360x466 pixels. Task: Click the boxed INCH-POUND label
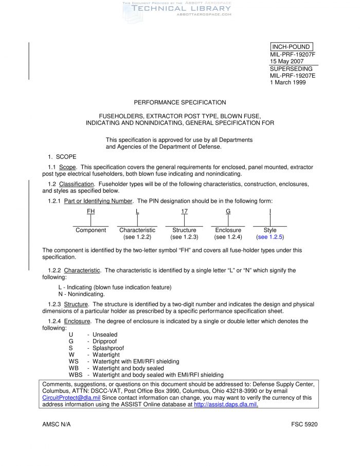291,47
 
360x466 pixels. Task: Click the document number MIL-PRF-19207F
293,55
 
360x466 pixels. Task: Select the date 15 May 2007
287,62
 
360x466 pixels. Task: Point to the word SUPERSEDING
291,69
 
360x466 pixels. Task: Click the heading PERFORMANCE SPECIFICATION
180,102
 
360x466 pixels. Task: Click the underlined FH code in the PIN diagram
91,211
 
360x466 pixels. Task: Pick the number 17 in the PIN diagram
185,211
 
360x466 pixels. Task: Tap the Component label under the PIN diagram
91,230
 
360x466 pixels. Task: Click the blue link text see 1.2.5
270,237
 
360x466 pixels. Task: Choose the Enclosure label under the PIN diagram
228,230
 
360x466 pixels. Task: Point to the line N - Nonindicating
82,294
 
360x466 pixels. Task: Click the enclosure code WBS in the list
76,375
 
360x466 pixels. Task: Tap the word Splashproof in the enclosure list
108,348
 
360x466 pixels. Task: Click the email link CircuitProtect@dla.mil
71,398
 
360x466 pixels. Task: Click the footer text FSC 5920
304,424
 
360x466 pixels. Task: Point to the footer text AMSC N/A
57,424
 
